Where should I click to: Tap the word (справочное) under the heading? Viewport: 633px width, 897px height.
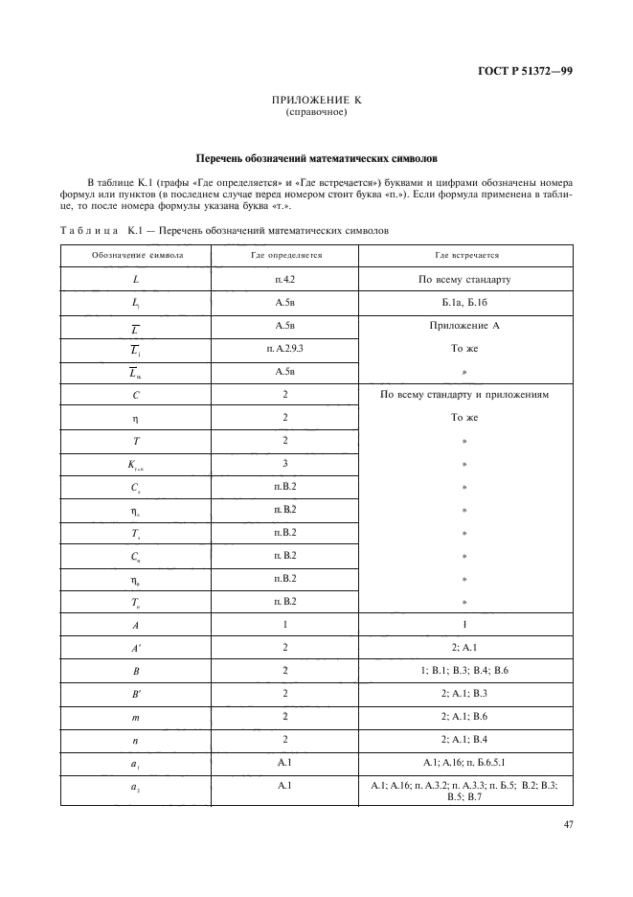316,112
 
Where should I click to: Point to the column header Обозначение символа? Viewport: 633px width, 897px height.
138,256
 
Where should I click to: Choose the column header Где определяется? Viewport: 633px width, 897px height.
285,256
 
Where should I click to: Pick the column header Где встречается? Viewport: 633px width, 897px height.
464,256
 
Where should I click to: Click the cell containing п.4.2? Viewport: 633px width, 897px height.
285,280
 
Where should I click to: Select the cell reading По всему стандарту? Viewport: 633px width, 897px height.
464,280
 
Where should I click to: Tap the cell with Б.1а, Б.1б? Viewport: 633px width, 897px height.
464,303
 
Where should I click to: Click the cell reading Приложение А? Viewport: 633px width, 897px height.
464,326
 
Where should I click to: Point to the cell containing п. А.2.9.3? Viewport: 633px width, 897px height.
285,349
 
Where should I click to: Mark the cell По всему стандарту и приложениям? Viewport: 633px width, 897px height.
464,395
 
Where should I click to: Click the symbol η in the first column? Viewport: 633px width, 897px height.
138,418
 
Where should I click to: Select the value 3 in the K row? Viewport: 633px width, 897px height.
285,464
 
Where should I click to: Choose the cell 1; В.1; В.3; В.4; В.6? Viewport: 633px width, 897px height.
464,670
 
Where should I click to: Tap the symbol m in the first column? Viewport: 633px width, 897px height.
138,716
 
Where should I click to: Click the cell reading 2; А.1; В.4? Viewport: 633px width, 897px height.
464,739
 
